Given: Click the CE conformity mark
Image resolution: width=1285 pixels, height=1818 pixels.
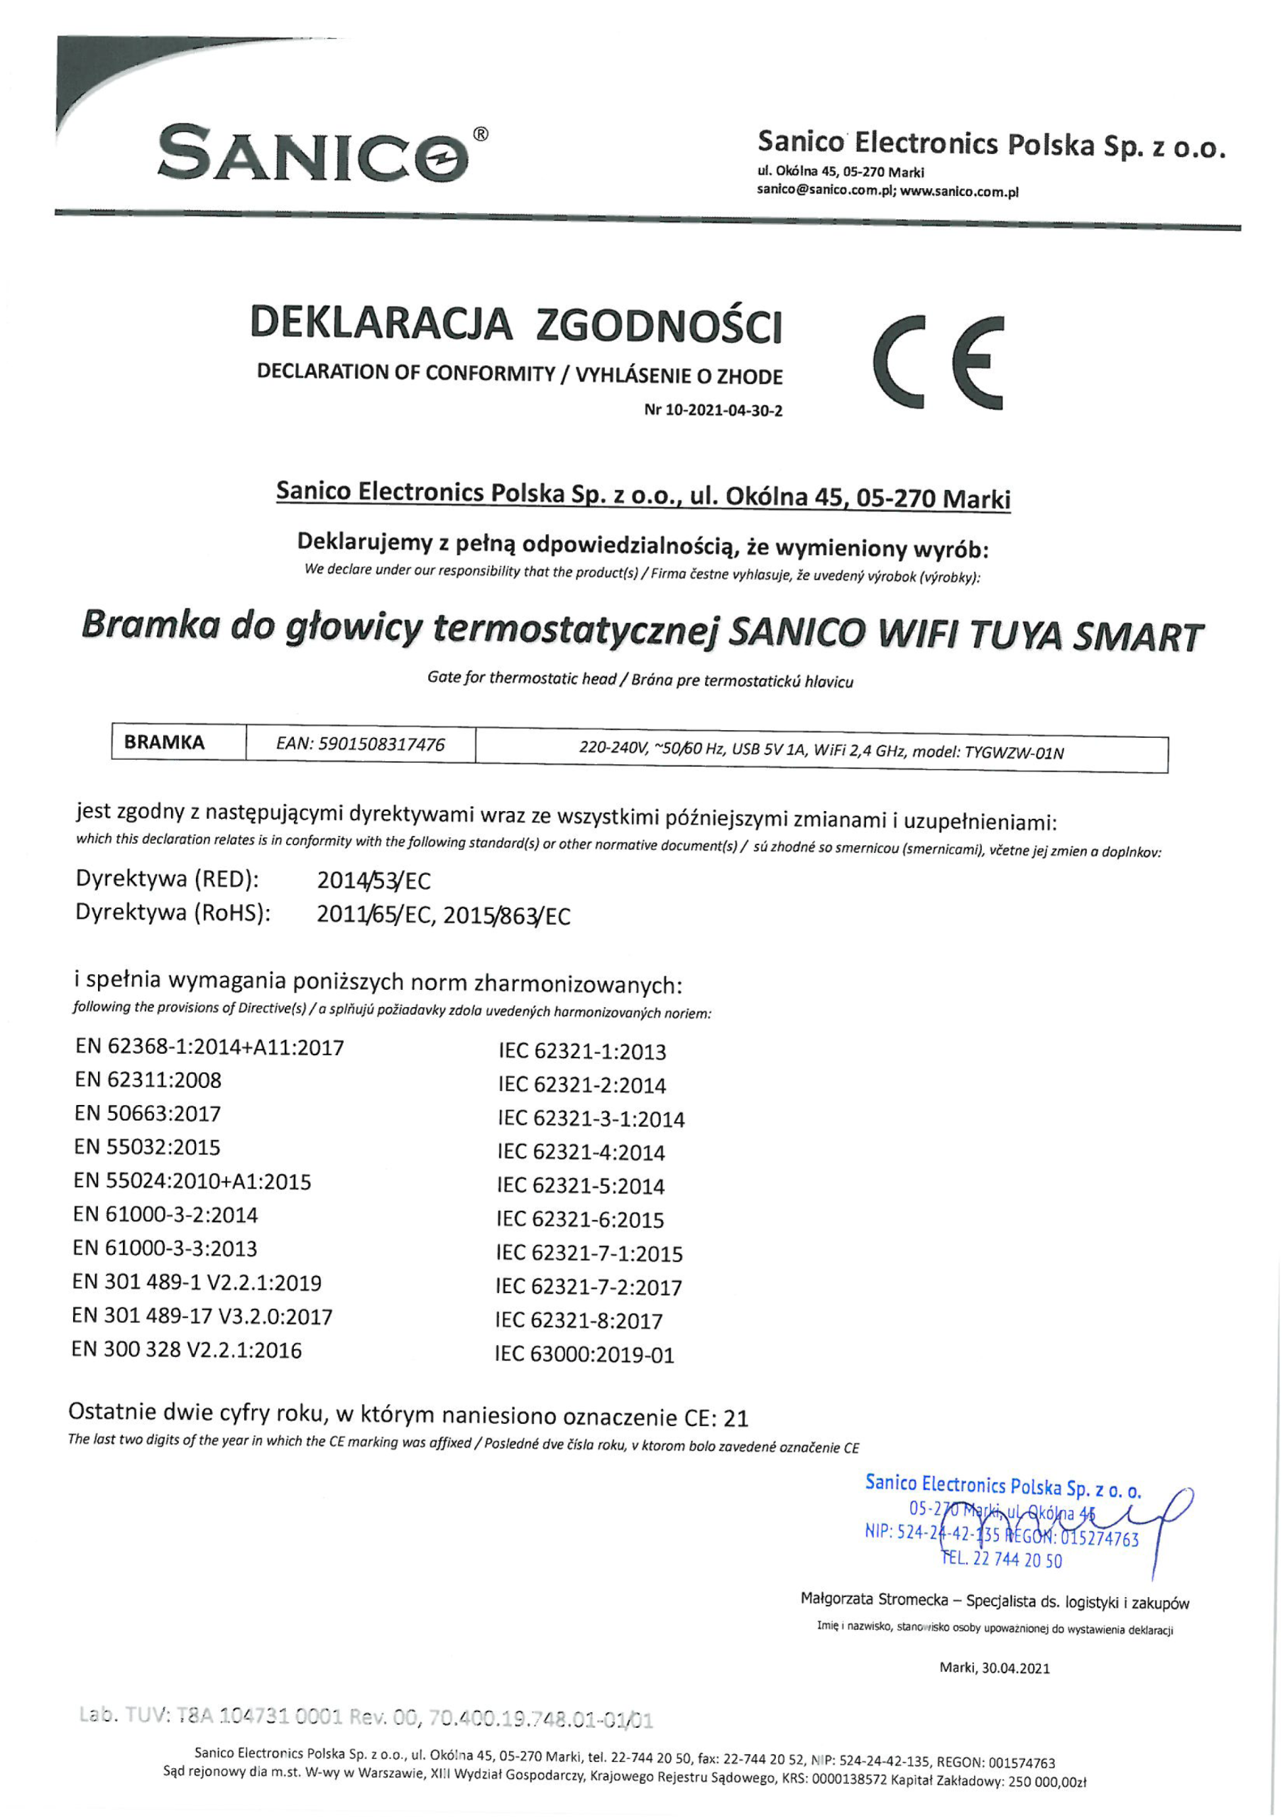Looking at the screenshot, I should [x=939, y=364].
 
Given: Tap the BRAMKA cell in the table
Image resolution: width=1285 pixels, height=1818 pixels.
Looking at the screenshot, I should [x=164, y=743].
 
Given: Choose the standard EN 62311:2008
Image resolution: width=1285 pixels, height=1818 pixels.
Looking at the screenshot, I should [x=148, y=1080].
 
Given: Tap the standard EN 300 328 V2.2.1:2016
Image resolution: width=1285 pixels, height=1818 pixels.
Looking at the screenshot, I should [x=187, y=1350].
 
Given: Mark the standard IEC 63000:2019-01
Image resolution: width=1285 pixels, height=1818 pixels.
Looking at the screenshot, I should [x=585, y=1355].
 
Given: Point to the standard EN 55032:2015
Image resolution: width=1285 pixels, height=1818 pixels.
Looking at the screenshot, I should [x=147, y=1148].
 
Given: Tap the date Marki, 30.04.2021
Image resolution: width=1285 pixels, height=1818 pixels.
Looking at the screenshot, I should [x=995, y=1668].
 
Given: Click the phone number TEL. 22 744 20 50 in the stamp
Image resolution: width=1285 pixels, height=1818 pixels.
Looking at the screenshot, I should [x=1002, y=1561].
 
